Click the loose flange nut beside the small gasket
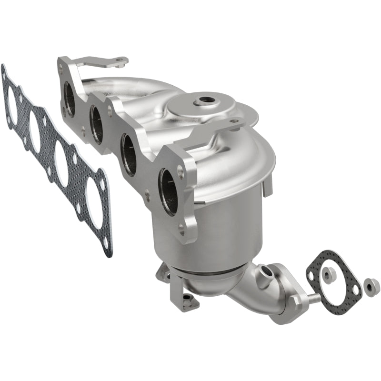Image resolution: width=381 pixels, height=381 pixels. coord(371,287)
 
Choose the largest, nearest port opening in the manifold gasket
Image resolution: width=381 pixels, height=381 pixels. coord(95,209)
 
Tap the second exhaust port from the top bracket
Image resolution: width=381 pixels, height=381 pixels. coord(97,124)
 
